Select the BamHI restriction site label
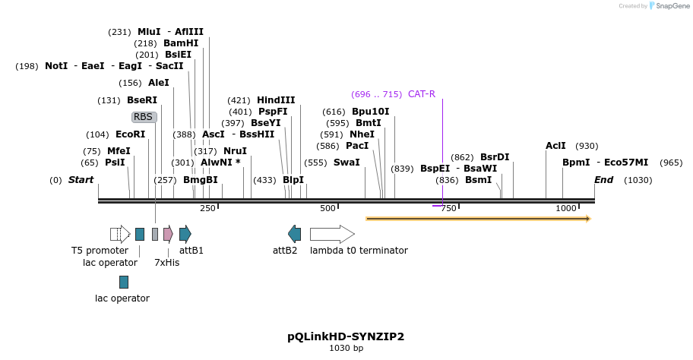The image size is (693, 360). pos(181,43)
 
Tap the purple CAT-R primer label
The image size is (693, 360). pos(421,94)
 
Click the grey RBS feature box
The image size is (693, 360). pos(144,117)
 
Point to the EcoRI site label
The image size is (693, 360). pos(130,134)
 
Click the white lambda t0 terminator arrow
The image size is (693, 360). pos(332,234)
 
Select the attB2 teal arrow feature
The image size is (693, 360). pos(294,234)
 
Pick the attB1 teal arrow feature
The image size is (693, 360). pos(185,234)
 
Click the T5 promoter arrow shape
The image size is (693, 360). pos(120,234)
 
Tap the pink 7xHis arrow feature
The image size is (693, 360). pos(168,234)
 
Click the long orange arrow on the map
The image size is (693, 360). pos(478,219)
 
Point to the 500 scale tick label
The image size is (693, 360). pos(328,208)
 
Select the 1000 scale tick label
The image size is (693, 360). pos(565,208)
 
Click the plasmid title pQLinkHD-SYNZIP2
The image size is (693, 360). pos(346,336)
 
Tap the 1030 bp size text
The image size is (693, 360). pos(346,349)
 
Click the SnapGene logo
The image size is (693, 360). pos(667,6)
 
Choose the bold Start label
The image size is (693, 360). pos(81,180)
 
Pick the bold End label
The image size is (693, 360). pos(603,180)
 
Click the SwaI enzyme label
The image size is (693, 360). pos(346,163)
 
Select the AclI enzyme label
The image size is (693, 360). pos(555,146)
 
